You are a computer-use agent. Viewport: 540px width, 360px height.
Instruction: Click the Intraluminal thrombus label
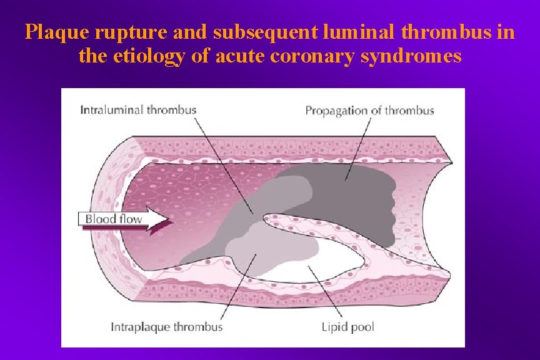tap(138, 111)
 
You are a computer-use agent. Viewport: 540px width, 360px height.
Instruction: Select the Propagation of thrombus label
tap(369, 111)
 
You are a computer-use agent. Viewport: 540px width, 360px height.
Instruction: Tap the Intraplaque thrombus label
tap(166, 326)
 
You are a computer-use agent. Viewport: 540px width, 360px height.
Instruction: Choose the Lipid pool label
tap(347, 326)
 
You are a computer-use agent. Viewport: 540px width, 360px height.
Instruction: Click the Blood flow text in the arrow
tap(114, 219)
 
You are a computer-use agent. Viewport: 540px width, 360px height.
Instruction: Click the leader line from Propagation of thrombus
tap(355, 147)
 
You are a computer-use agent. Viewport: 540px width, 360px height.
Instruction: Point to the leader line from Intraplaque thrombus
tap(241, 287)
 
